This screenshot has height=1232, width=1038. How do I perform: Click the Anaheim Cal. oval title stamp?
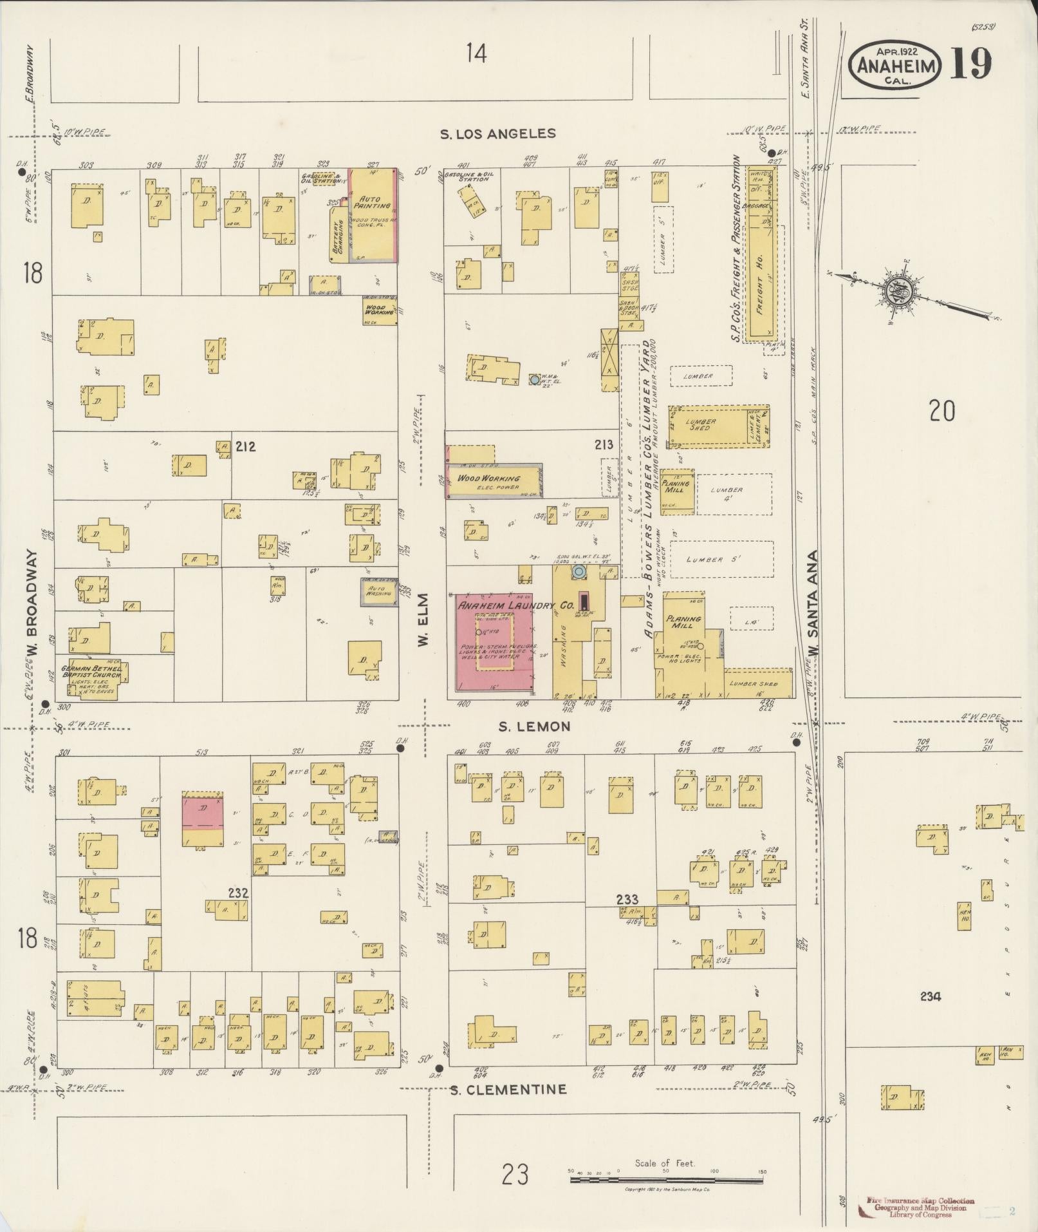(x=895, y=65)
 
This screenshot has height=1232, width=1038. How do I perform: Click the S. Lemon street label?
(x=534, y=726)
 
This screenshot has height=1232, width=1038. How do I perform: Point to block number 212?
(x=245, y=446)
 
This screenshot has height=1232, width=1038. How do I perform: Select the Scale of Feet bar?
(x=666, y=1180)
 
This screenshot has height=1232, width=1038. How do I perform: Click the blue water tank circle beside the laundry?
(x=579, y=571)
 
